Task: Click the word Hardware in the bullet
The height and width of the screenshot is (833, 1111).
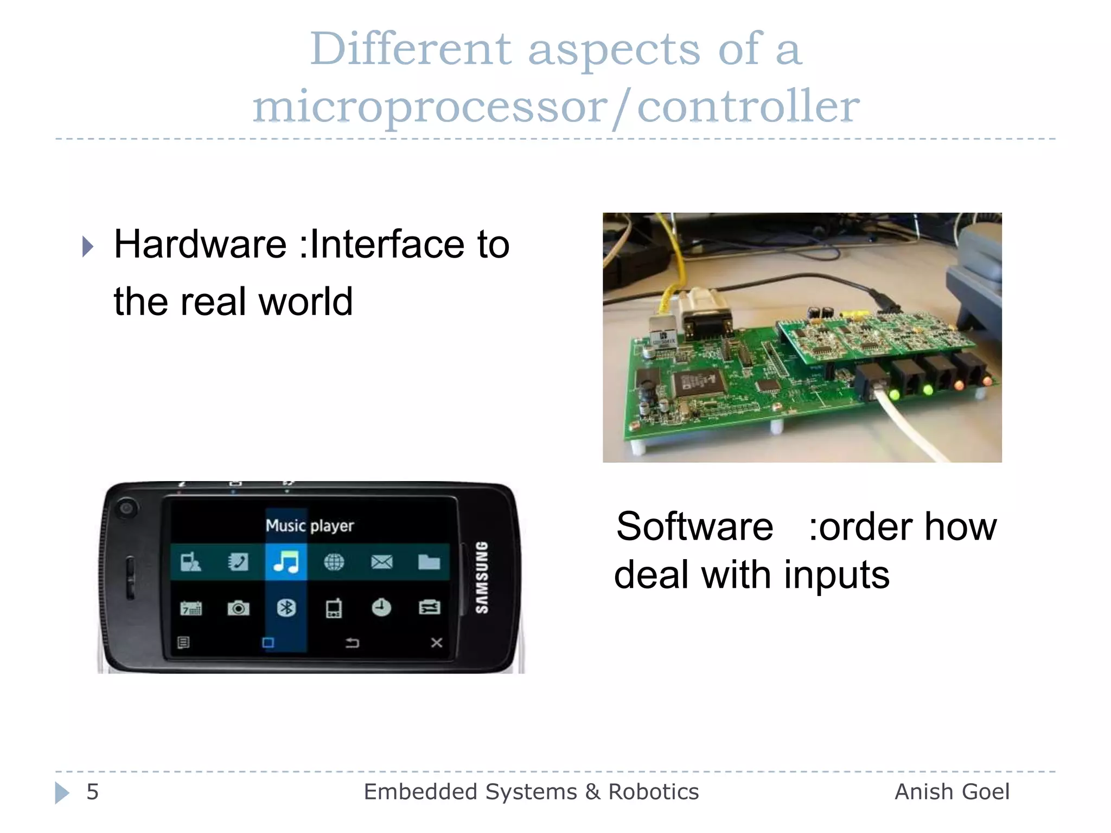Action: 200,245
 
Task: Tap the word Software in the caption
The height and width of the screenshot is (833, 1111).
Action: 694,527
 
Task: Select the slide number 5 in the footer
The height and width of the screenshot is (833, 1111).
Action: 93,792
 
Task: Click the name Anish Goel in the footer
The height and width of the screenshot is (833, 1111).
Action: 952,792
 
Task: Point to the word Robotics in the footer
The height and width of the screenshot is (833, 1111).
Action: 653,792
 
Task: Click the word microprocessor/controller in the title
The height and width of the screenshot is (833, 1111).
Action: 556,106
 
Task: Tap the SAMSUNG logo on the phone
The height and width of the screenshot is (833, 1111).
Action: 482,578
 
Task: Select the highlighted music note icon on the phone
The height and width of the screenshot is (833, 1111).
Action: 286,562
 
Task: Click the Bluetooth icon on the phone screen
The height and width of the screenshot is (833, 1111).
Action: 286,608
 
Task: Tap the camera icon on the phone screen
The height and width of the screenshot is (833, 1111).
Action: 238,608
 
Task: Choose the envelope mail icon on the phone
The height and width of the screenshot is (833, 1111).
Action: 382,562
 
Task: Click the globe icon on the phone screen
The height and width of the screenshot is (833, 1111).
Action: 334,562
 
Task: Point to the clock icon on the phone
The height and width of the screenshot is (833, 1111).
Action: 381,607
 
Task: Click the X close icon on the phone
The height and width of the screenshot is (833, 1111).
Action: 437,643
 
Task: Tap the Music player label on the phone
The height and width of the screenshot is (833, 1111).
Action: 310,526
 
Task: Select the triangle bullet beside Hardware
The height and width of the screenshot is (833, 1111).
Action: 88,247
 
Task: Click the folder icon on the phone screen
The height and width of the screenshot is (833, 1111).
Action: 429,562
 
